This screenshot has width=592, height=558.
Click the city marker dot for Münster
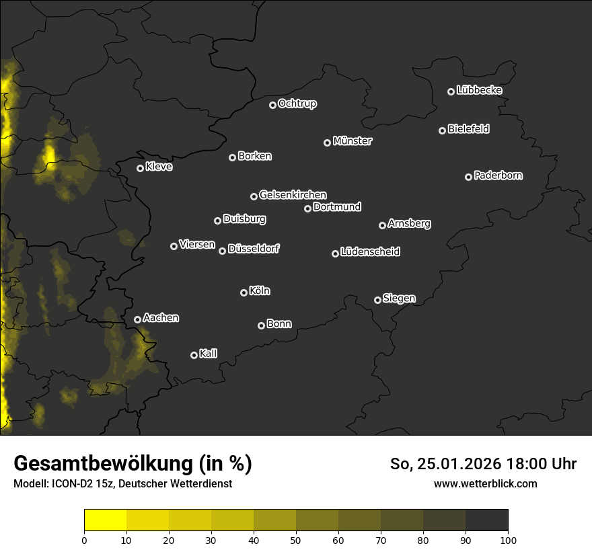[327, 143]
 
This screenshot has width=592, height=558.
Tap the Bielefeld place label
[468, 129]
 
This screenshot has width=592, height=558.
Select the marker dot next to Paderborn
[468, 177]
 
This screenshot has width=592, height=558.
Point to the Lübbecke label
[479, 90]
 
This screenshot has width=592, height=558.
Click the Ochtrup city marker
[272, 105]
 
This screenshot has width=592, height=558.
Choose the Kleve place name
[159, 167]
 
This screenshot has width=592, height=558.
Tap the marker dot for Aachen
[137, 319]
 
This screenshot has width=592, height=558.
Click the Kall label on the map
[209, 354]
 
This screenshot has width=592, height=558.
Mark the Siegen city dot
[377, 300]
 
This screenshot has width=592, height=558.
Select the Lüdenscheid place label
[370, 252]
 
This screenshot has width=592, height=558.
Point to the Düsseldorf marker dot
[222, 251]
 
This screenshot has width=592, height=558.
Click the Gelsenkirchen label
[293, 195]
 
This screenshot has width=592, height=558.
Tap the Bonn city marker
[261, 325]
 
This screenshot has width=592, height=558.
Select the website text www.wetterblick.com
[486, 483]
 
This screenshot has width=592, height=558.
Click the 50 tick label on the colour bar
[296, 540]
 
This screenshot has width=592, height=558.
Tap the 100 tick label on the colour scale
[508, 540]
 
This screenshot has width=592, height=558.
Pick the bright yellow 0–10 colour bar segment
[106, 520]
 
